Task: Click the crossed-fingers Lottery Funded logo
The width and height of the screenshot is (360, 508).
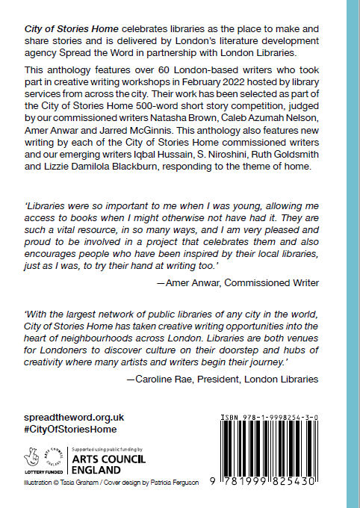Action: [x=32, y=456]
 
